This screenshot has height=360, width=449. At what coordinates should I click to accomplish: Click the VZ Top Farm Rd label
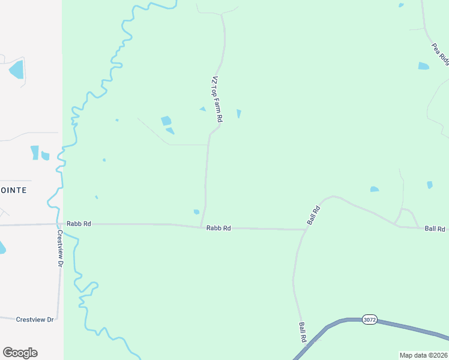[216, 100]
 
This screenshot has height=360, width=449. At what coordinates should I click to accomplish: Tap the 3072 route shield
[370, 320]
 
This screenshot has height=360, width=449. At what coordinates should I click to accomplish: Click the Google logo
[20, 353]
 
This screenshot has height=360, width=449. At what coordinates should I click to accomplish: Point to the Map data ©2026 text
[424, 355]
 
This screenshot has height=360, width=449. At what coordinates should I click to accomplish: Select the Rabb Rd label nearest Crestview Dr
[79, 223]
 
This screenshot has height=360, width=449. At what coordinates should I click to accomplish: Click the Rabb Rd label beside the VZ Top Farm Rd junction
[218, 228]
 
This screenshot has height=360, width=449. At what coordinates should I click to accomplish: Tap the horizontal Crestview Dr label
[35, 319]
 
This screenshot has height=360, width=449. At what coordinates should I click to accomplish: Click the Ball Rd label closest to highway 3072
[303, 332]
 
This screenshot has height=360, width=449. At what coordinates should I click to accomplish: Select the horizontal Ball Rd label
[435, 229]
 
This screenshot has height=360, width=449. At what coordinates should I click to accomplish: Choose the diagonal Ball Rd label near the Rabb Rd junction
[313, 214]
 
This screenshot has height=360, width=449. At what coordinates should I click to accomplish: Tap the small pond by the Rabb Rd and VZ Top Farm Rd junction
[196, 211]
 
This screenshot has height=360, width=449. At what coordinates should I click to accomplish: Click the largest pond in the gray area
[17, 70]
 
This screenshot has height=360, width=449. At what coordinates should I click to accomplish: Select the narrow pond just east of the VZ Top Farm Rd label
[239, 113]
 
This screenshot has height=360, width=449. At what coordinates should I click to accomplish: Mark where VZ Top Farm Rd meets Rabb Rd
[201, 227]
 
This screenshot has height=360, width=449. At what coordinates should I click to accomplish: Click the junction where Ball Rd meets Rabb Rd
[304, 229]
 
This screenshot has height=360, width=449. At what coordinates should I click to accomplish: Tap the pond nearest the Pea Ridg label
[424, 66]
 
